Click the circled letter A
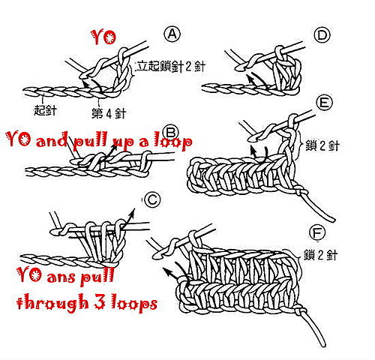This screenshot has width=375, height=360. [x=172, y=34]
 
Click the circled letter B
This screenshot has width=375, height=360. [x=170, y=133]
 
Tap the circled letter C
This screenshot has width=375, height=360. [x=151, y=199]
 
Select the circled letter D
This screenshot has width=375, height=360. [x=322, y=35]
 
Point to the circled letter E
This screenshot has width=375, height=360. [x=324, y=103]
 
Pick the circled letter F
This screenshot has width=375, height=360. [x=317, y=232]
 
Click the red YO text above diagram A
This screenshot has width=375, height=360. [x=104, y=37]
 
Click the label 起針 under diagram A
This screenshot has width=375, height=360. [x=45, y=110]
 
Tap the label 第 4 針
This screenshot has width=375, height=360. [x=109, y=113]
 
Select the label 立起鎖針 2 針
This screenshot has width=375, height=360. [x=170, y=66]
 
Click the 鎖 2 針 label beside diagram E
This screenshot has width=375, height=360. [x=322, y=145]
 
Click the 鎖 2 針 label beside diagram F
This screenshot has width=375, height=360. [x=321, y=255]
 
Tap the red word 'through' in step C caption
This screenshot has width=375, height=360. [x=52, y=301]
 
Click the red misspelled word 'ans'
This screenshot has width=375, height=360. [x=61, y=277]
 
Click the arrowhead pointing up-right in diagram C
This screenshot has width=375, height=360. [x=132, y=212]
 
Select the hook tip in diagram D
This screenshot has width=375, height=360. [x=238, y=67]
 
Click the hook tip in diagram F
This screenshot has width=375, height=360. [x=157, y=255]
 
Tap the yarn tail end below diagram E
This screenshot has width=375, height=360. [x=332, y=220]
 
